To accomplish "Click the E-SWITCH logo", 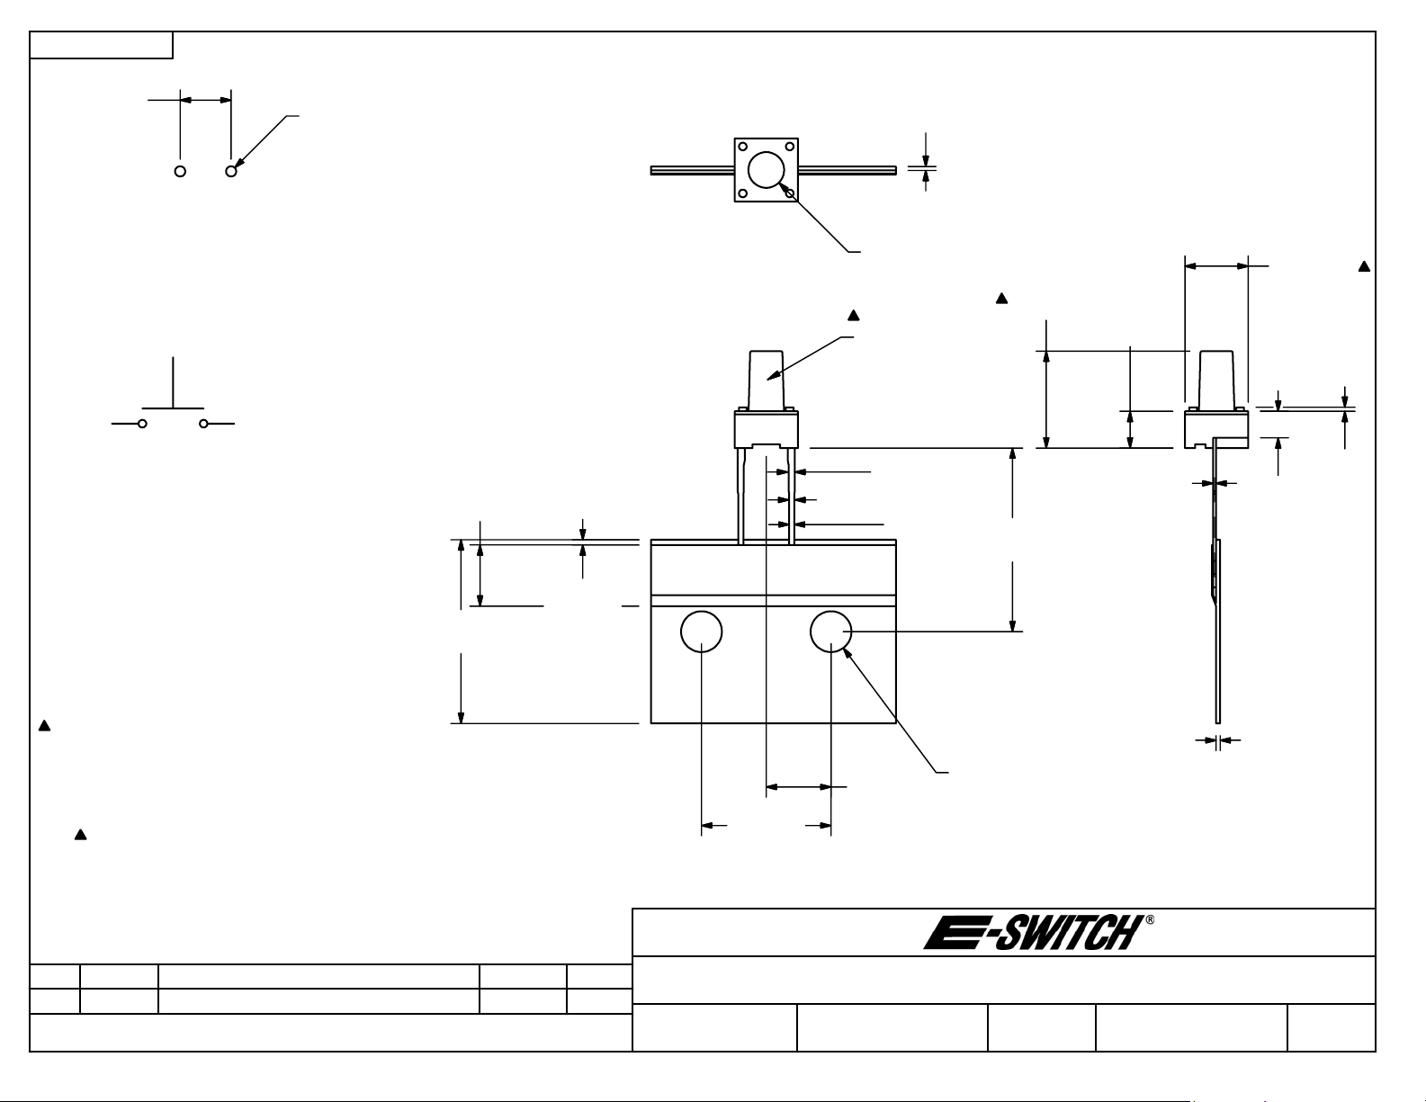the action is pos(1034,933).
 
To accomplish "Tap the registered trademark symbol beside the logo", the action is pos(1150,919).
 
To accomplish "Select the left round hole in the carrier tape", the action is pos(702,632).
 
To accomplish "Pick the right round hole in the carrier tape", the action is pos(830,632).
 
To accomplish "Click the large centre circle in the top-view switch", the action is pos(766,169).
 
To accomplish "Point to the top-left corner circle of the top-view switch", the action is pos(743,147).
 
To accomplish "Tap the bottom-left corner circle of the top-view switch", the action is pos(743,193).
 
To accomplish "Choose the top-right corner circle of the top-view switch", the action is pos(789,147).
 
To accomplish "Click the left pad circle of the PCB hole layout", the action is pos(180,171).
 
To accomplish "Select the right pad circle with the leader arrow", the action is pos(231,171).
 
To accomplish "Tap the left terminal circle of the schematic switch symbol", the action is pos(142,424).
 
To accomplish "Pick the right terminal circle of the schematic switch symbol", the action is pos(203,424).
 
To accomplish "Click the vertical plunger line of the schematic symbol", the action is pos(174,382).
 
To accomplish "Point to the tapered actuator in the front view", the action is pos(766,379).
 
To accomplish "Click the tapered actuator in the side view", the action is pos(1216,379).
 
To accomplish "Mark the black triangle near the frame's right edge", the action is pos(1364,266).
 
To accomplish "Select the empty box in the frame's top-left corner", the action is pos(101,45).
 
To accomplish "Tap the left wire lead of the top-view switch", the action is pos(693,171).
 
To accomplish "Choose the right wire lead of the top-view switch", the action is pos(848,171).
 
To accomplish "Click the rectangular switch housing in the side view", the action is pos(1216,430).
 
